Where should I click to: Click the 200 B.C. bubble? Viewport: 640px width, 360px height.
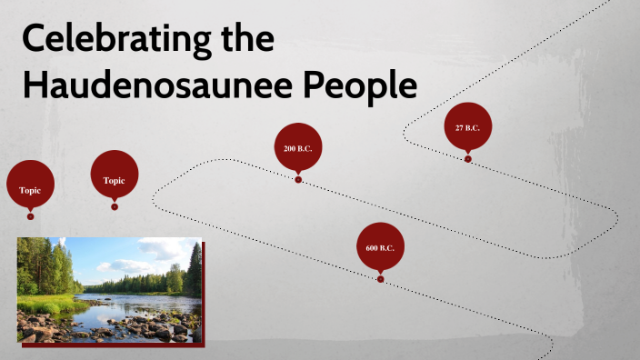point(298,147)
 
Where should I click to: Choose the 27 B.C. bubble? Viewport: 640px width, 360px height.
point(467,127)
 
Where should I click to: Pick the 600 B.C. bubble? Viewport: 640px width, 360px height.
point(380,247)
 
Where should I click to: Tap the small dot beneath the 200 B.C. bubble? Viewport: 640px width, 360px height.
point(298,179)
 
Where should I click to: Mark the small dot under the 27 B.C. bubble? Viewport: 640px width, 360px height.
point(468,159)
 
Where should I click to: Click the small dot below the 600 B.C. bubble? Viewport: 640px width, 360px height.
point(380,279)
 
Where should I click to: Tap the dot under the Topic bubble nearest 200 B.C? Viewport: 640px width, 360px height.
point(115,206)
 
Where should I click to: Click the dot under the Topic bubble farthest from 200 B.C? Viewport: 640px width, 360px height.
point(31,216)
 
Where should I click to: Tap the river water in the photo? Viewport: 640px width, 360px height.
point(127,305)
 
